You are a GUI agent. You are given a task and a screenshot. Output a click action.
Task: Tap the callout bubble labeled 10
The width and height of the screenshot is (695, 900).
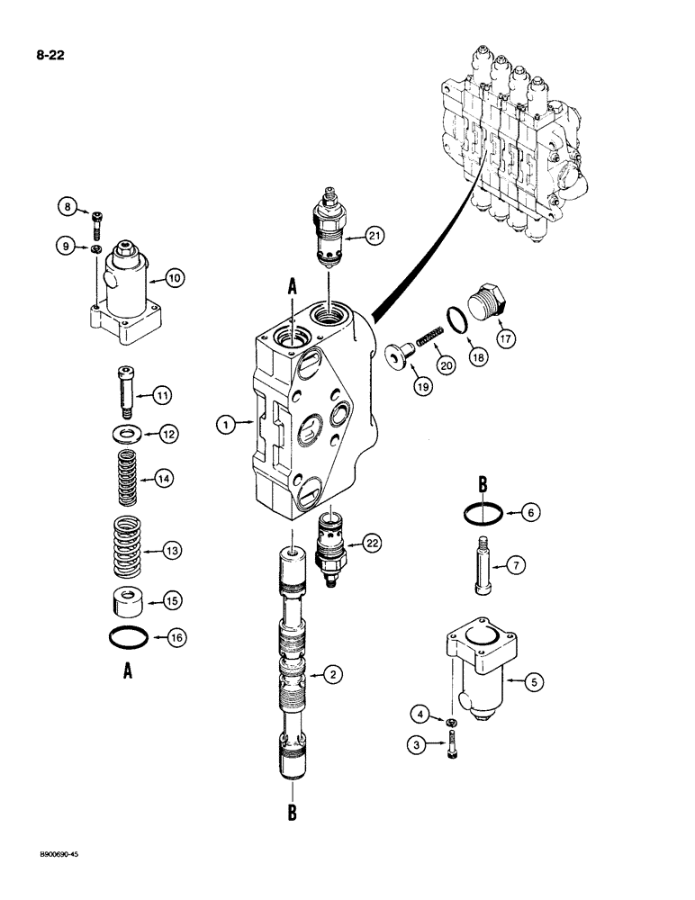(x=175, y=278)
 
